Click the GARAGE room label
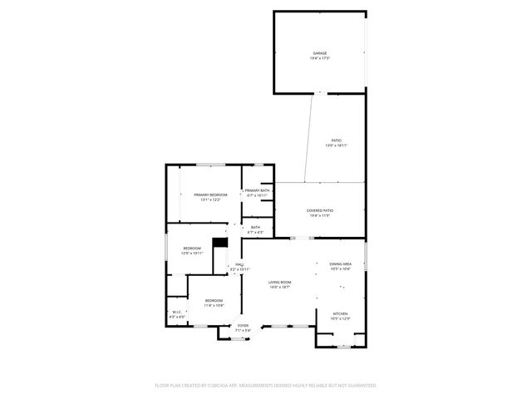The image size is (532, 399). coord(319,53)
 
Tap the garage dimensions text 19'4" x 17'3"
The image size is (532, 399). coord(319,58)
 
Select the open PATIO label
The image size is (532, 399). coord(336,140)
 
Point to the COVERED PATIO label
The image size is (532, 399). coord(319,210)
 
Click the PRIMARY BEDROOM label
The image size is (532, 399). coord(210,195)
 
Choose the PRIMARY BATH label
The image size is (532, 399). coord(257,190)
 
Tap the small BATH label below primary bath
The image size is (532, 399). coord(255,227)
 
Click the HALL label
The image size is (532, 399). coord(239,264)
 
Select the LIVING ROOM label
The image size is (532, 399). coord(279,283)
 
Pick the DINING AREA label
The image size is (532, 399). coord(341,264)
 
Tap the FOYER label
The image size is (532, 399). coord(243,325)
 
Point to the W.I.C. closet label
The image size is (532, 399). coord(176,312)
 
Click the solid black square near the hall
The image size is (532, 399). coord(219,243)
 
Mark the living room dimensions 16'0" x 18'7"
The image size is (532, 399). coord(279,288)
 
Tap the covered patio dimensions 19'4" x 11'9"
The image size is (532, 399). coord(319,215)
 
